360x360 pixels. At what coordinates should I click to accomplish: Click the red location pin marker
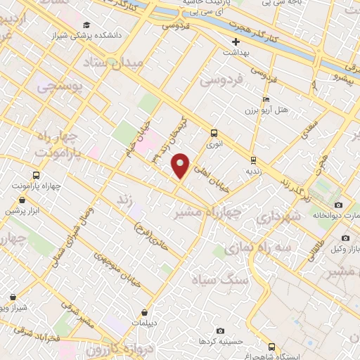coord(181,165)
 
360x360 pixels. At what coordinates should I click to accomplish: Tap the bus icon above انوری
coord(214,133)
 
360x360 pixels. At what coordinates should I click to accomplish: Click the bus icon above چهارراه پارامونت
coord(36,176)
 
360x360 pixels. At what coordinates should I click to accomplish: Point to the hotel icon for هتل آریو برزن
coord(265,100)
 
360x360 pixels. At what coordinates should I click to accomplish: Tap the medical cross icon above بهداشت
coord(236,41)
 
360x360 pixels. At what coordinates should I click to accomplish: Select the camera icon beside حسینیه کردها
coord(221,330)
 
